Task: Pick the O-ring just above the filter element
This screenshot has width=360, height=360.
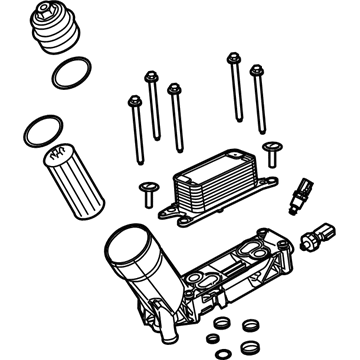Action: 39,129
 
